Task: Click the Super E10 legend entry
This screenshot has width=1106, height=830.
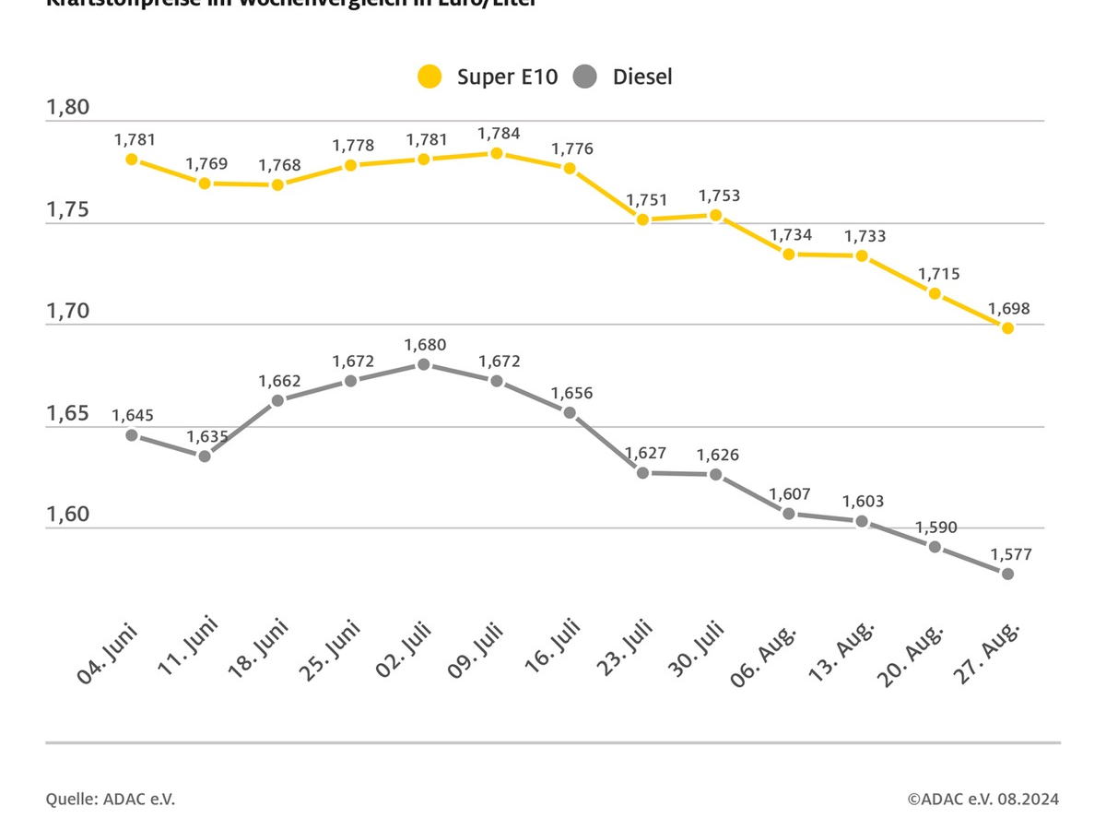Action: pos(488,77)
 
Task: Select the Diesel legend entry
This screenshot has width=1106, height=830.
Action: pos(623,77)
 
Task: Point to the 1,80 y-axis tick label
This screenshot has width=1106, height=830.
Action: pos(68,108)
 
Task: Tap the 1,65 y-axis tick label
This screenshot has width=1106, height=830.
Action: pos(68,413)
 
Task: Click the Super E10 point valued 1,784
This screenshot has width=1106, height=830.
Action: pos(497,153)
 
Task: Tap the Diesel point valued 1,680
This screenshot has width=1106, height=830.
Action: pos(424,364)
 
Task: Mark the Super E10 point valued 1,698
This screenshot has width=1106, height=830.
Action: pos(1007,327)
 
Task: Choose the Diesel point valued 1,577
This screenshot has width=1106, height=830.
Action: pos(1007,574)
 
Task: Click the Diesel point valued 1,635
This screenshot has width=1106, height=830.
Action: pos(205,456)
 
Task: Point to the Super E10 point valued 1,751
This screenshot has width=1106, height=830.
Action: pos(643,219)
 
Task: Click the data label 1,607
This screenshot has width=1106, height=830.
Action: pos(789,493)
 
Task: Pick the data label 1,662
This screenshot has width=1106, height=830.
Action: pos(278,380)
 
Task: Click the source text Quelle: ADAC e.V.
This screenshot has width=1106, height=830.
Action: pos(111,799)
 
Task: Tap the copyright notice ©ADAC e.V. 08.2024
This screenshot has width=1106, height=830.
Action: pos(982,799)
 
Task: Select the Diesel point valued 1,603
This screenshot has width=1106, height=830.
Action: pos(862,521)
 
